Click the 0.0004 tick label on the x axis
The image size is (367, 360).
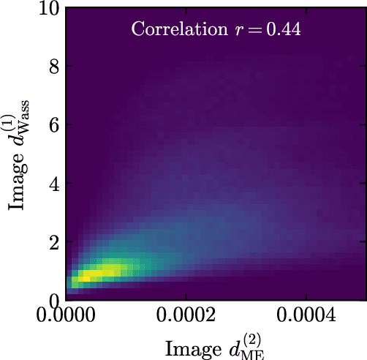pos(306,318)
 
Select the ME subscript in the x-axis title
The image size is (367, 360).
pos(257,353)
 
